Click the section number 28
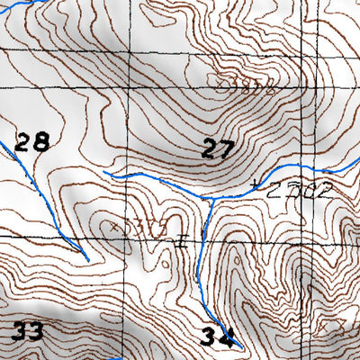[x=31, y=141]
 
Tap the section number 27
[x=217, y=149]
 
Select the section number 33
[x=26, y=331]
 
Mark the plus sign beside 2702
[x=260, y=187]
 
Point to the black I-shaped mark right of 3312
[x=181, y=241]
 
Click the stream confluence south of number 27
[x=209, y=199]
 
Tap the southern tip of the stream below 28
[x=86, y=259]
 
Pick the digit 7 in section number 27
[x=226, y=149]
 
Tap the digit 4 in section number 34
[x=229, y=337]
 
